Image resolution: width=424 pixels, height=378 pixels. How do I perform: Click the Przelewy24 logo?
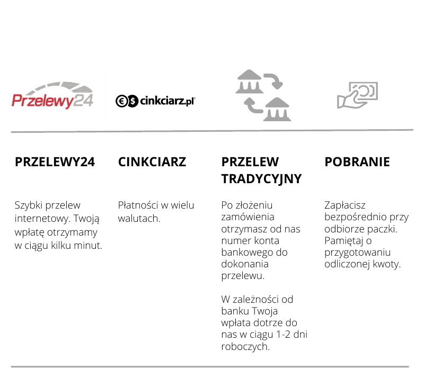click(x=52, y=95)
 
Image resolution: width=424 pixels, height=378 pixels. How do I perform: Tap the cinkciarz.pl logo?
click(x=155, y=101)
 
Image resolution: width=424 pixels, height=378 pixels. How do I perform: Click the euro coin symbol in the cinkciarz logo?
click(x=121, y=101)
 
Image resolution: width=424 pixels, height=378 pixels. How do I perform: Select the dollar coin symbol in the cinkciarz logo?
click(x=133, y=101)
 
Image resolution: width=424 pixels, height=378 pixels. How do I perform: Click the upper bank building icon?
click(x=249, y=82)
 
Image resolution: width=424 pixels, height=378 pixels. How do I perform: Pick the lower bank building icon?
click(x=277, y=109)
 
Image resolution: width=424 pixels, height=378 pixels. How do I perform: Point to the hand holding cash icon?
click(x=357, y=95)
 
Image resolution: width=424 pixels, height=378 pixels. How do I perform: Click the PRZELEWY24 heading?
click(x=55, y=162)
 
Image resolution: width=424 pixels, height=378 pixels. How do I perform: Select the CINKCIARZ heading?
click(x=152, y=162)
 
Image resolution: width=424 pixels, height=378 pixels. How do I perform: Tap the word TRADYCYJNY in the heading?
click(x=261, y=179)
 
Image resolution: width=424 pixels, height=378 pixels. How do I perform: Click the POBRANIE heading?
click(x=357, y=162)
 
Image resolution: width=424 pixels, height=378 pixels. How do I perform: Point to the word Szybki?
click(x=29, y=205)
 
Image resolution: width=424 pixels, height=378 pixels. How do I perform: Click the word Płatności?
click(x=138, y=205)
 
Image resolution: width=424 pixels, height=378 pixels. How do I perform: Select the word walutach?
click(x=139, y=218)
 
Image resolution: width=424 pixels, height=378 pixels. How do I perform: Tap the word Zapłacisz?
click(x=345, y=205)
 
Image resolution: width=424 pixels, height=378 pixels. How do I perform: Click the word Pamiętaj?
click(x=344, y=241)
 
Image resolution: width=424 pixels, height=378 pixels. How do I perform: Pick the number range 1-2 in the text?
click(x=284, y=335)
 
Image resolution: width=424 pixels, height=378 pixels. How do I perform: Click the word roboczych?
click(x=245, y=347)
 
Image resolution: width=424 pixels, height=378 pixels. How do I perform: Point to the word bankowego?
click(x=247, y=253)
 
